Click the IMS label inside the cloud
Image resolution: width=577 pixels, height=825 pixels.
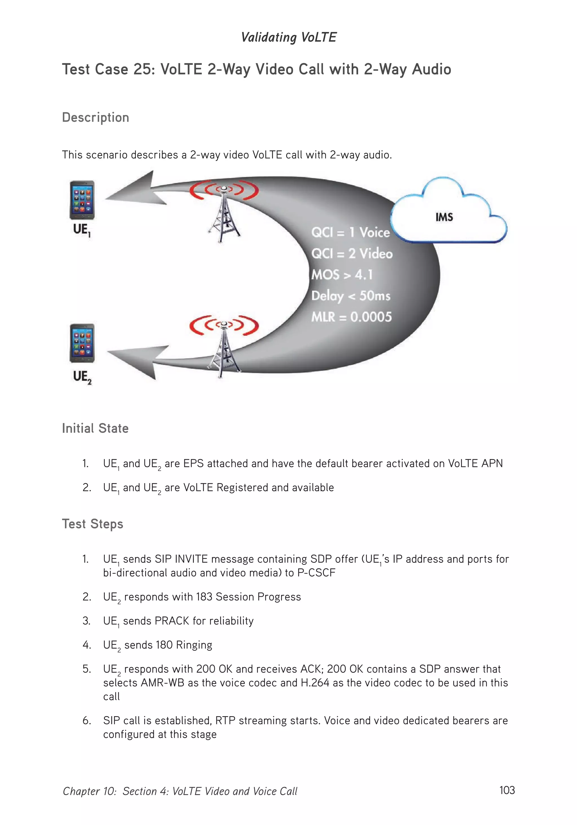[444, 217]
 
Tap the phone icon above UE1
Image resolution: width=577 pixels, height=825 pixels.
[82, 200]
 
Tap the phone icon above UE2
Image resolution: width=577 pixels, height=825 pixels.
[82, 343]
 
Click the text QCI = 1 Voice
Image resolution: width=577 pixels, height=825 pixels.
[350, 233]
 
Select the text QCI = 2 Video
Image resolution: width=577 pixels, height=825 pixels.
[352, 254]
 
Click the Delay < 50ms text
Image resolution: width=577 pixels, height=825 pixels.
[350, 296]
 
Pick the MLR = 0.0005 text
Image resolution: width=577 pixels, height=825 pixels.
[351, 317]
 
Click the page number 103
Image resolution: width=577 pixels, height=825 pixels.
[507, 790]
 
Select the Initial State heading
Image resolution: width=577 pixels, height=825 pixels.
[95, 428]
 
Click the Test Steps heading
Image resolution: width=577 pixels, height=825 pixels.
[93, 524]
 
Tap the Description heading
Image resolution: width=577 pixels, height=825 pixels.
[96, 118]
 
